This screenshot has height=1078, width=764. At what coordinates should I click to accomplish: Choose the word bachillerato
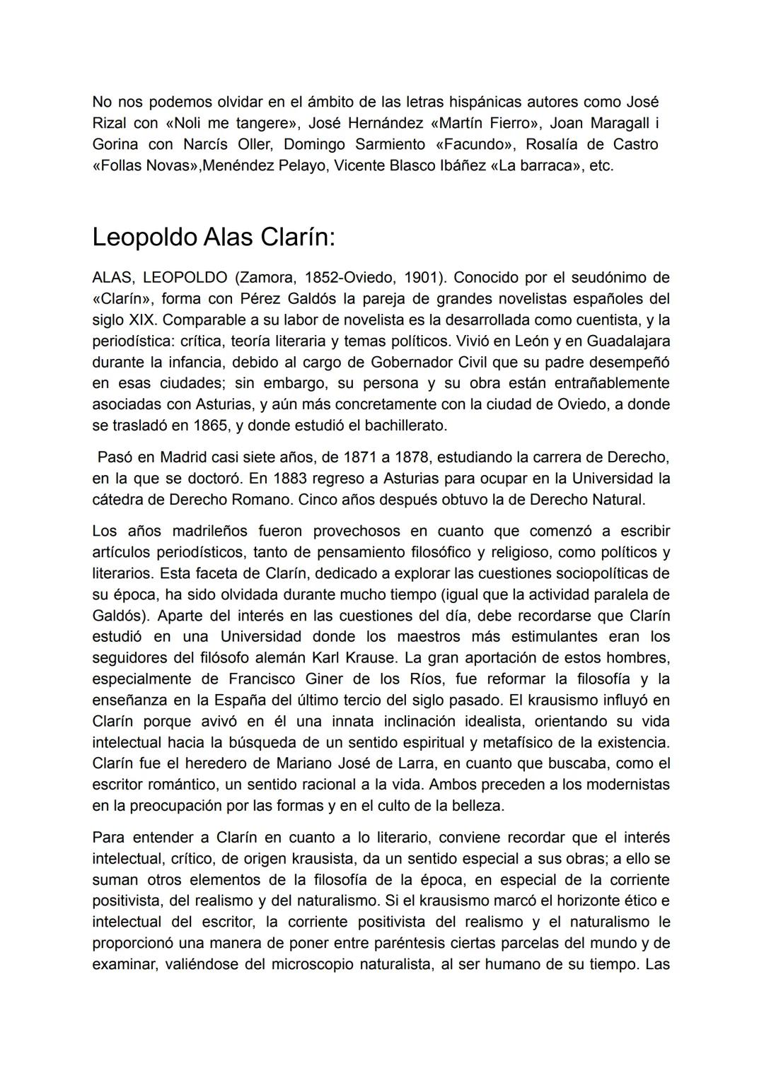404,426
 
